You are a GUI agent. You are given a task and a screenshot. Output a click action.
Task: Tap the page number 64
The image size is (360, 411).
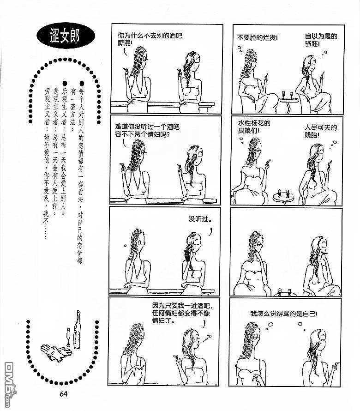click(x=64, y=394)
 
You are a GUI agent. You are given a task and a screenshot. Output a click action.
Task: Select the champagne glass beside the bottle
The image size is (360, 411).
click(x=69, y=338)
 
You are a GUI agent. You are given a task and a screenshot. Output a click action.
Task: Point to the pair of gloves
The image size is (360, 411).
click(x=55, y=352)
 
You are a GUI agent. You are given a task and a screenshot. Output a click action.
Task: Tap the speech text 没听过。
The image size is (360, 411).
click(x=200, y=219)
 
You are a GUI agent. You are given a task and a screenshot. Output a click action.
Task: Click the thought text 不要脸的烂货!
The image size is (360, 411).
click(x=257, y=38)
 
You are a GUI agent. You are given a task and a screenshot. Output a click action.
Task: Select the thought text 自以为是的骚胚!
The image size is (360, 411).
click(x=321, y=40)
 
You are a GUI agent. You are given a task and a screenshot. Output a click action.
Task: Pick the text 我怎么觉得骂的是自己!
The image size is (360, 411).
click(x=284, y=314)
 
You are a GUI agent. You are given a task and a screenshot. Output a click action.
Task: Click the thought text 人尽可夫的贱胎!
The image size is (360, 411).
click(x=320, y=131)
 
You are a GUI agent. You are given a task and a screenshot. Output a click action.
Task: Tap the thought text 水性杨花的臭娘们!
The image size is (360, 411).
click(x=254, y=127)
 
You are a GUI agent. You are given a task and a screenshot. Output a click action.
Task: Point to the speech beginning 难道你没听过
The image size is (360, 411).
click(x=147, y=131)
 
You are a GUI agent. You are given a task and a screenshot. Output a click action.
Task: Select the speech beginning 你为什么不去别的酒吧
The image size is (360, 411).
click(x=150, y=39)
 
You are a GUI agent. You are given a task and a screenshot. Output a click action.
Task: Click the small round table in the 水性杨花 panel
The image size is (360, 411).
click(x=283, y=197)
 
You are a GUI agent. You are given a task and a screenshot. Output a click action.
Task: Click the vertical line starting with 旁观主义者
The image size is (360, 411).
click(x=47, y=163)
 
